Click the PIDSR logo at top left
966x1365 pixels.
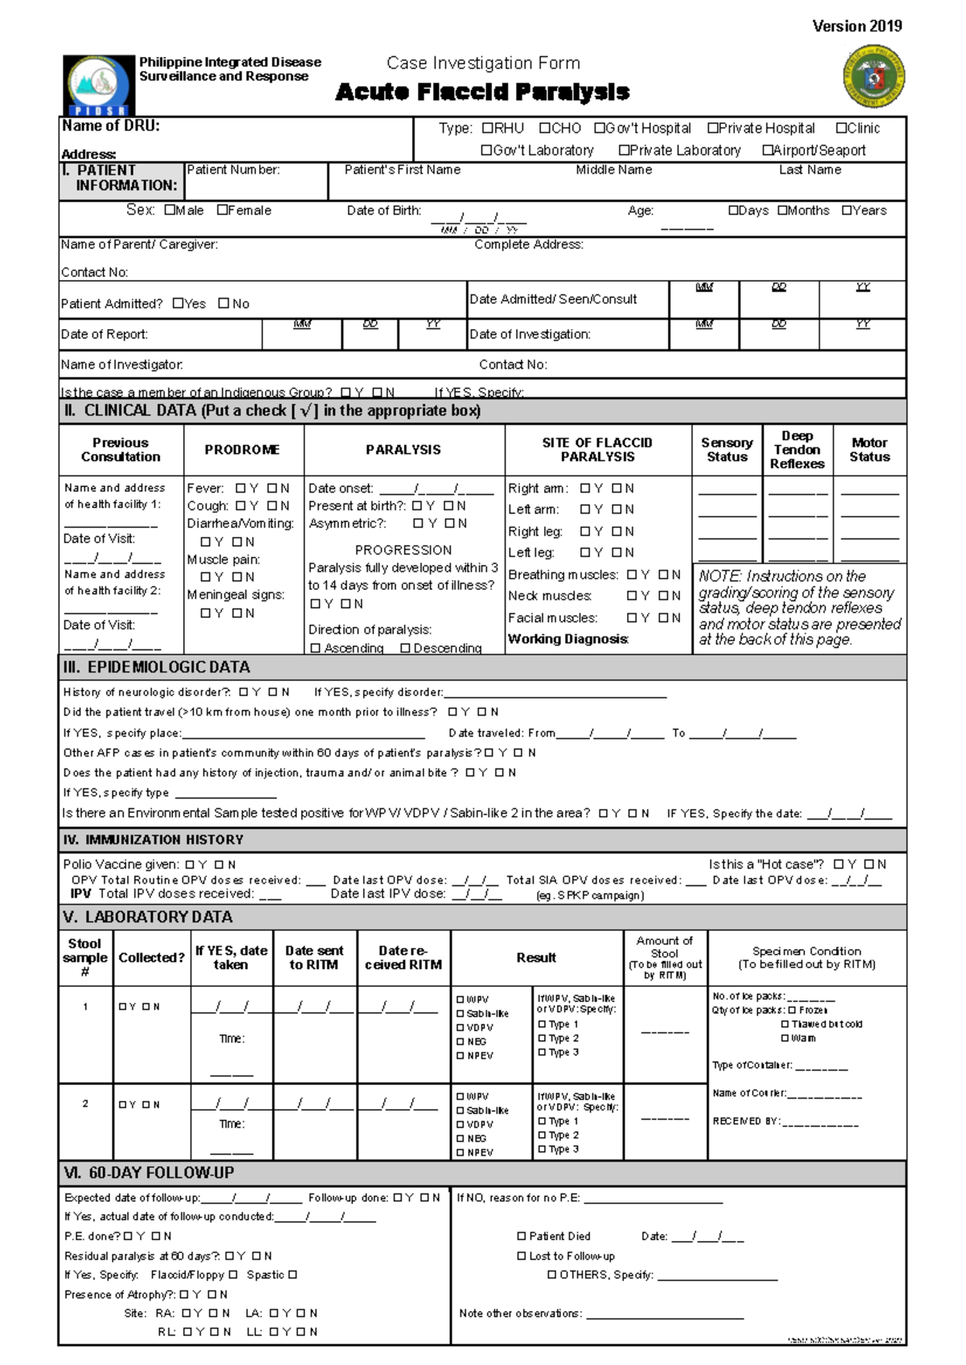(99, 85)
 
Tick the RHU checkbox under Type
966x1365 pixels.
(487, 128)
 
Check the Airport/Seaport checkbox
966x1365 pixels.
(767, 151)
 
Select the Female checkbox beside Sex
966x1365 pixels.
(222, 210)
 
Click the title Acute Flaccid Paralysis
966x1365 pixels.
(482, 93)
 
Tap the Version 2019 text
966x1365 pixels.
(857, 26)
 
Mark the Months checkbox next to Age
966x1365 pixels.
(782, 210)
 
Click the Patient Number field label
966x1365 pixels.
(233, 170)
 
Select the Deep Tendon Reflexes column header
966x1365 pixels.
(797, 450)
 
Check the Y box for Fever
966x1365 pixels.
(241, 489)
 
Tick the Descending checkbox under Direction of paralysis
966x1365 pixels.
(406, 648)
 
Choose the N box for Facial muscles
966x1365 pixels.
(663, 618)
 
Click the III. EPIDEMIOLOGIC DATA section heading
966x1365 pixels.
(157, 667)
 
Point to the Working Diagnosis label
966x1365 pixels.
(568, 639)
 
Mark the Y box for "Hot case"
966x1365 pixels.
(839, 864)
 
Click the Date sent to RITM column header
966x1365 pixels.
(314, 958)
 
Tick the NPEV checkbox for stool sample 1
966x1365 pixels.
(460, 1056)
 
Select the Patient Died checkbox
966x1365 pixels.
(522, 1236)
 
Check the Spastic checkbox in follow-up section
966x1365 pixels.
(293, 1275)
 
